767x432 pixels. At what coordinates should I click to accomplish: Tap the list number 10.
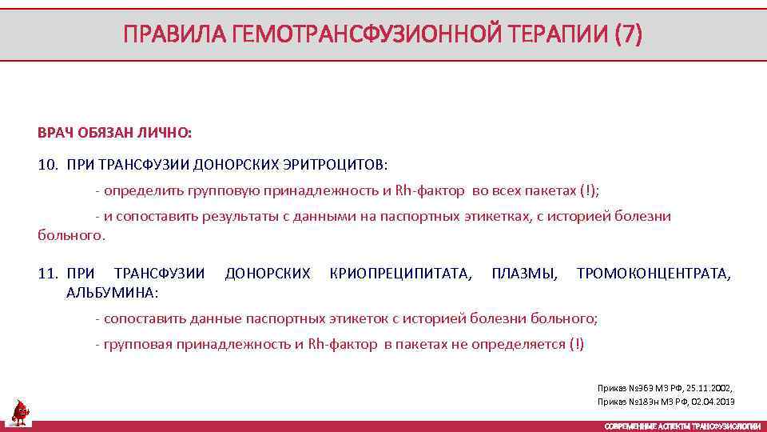tap(48, 165)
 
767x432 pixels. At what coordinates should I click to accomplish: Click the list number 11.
tap(48, 274)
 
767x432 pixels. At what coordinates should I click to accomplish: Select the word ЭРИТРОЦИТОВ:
tap(334, 165)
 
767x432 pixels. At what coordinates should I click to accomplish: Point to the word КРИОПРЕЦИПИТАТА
tap(400, 274)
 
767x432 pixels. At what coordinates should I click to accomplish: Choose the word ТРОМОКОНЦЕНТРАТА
tap(653, 274)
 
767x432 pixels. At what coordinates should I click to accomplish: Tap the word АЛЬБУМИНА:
tap(113, 292)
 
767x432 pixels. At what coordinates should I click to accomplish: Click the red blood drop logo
tap(20, 410)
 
